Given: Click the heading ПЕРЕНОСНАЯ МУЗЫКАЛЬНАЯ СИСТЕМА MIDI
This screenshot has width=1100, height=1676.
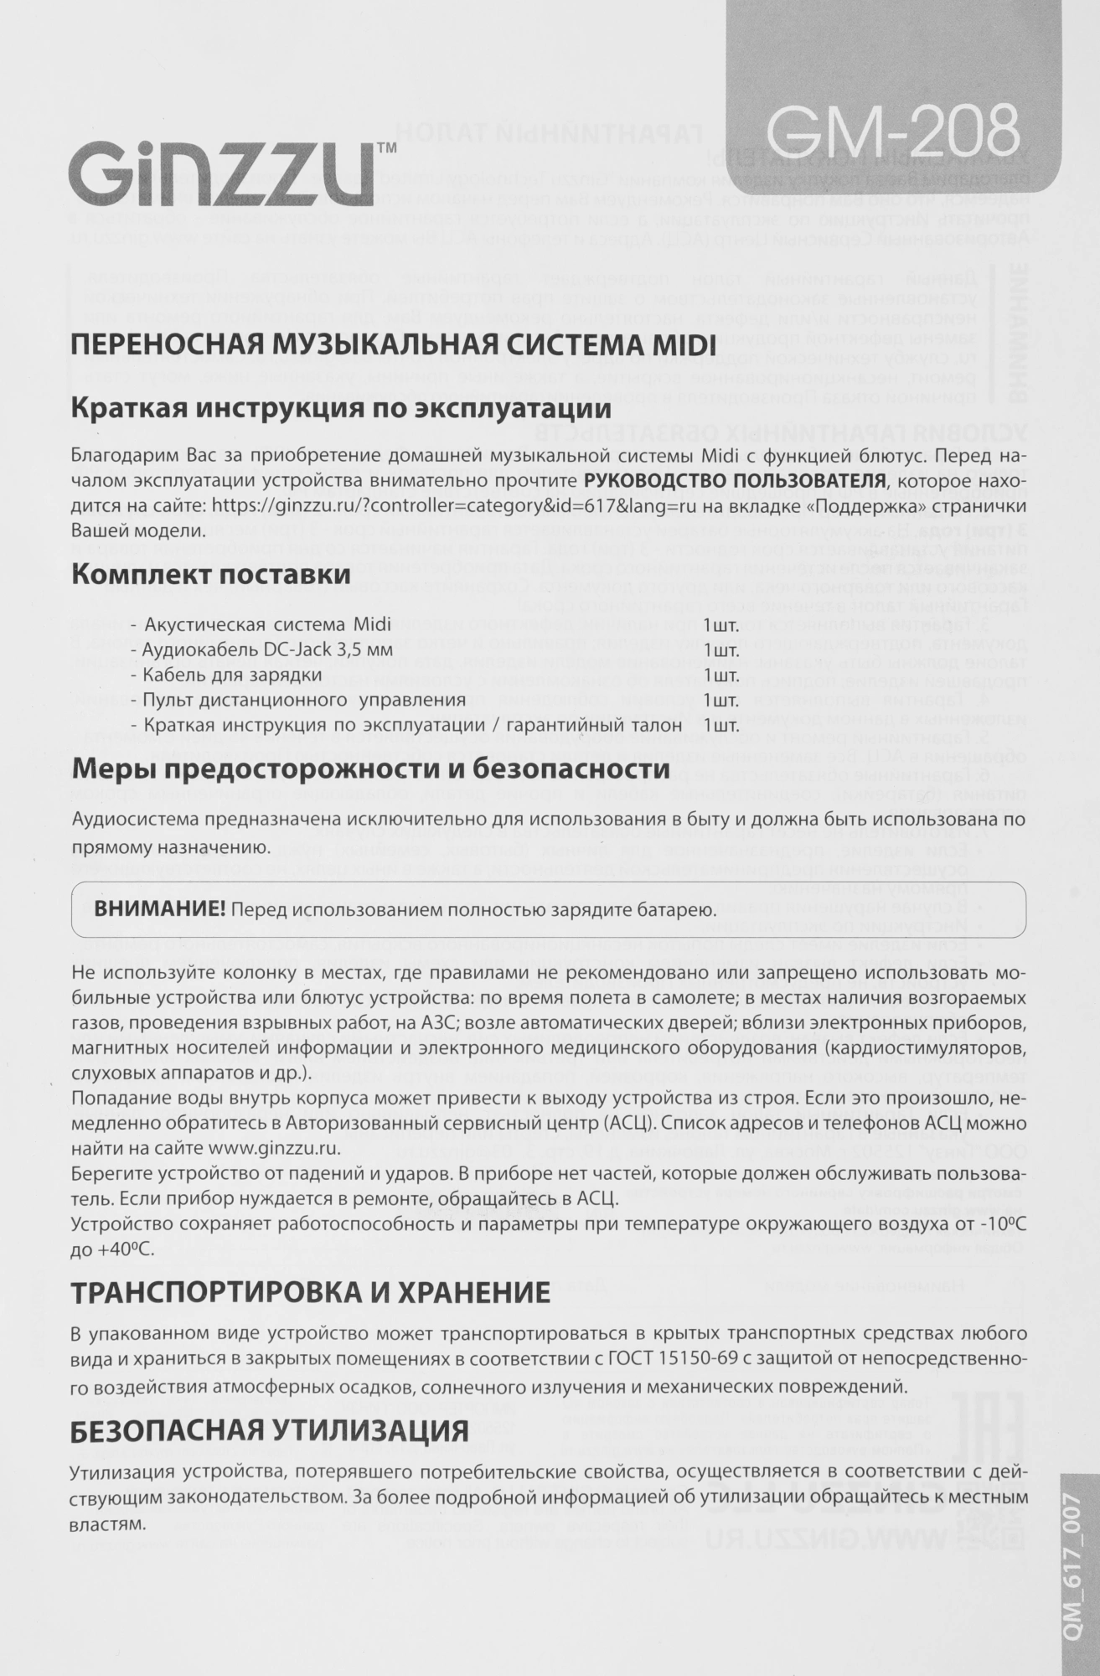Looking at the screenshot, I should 393,345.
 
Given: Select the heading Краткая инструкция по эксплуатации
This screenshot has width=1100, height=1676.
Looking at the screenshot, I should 340,411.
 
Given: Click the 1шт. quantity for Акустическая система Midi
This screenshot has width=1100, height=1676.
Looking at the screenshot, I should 721,625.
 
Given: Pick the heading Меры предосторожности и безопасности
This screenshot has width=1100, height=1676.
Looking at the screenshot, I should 370,769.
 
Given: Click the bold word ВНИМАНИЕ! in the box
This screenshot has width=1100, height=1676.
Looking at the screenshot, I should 160,909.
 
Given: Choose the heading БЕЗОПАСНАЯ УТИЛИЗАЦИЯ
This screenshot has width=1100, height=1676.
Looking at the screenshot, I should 270,1431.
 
